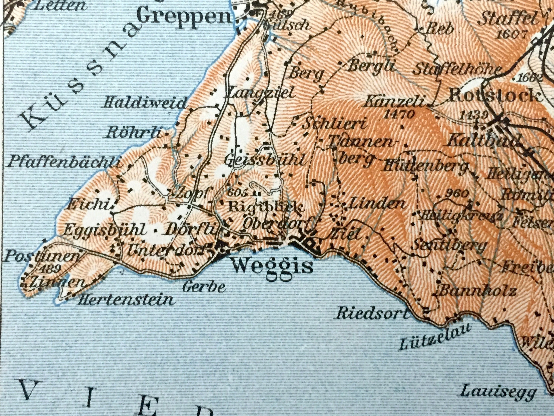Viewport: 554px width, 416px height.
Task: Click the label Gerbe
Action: (204, 287)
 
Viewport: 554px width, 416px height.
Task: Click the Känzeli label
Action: (395, 103)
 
